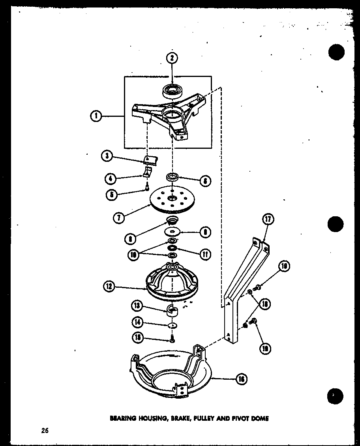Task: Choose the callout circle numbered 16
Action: [241, 379]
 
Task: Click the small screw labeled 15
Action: [172, 338]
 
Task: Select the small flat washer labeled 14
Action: [172, 325]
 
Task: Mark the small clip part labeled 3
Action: [150, 159]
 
